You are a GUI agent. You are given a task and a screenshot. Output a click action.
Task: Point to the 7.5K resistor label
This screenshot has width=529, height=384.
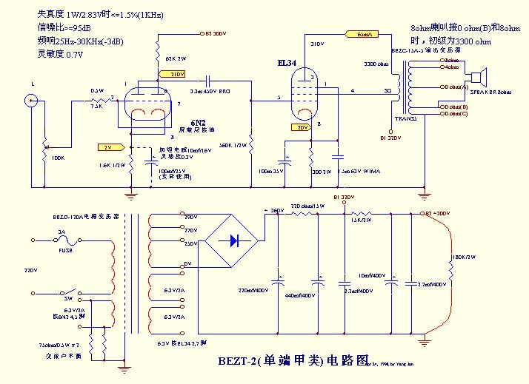[x=96, y=106]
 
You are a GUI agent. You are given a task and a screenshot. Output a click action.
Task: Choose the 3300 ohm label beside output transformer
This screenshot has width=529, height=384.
[x=377, y=64]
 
